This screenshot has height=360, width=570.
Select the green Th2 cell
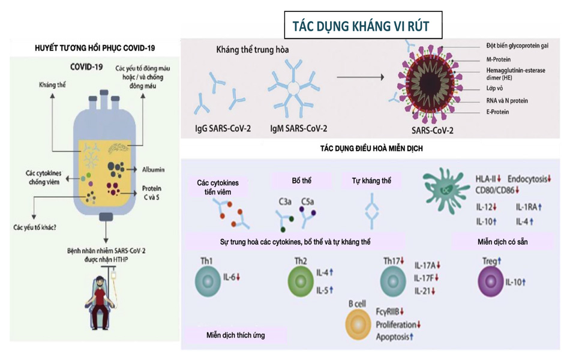[x=301, y=280]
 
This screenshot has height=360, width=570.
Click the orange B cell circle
[x=359, y=325]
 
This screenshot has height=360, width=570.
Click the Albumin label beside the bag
[x=154, y=170]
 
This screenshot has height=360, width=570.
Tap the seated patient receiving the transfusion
[x=103, y=303]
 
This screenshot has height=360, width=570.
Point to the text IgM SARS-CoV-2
[x=299, y=128]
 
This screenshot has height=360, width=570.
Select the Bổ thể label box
[x=302, y=180]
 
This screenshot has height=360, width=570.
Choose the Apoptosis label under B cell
[x=393, y=337]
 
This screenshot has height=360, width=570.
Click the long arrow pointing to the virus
[x=359, y=77]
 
